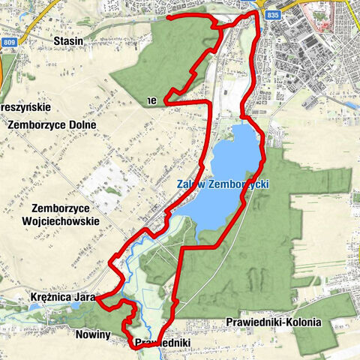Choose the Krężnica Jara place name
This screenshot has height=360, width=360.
click(63, 298)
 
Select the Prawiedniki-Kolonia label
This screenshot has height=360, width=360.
click(273, 322)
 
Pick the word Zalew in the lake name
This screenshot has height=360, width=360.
click(191, 184)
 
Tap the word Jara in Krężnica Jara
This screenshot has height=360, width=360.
click(84, 298)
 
